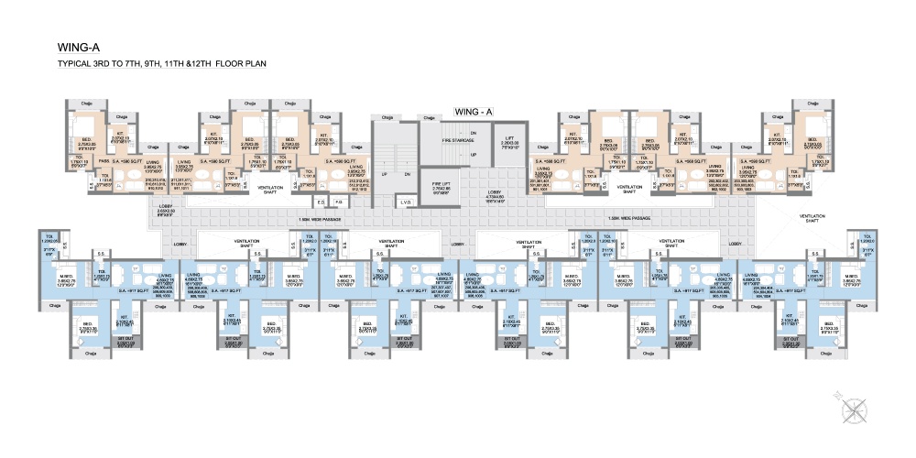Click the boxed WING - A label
click(x=474, y=111)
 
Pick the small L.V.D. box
click(x=404, y=202)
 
